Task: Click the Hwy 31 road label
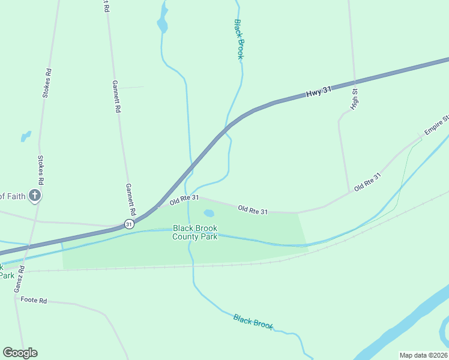click(318, 92)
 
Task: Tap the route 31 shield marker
click(129, 224)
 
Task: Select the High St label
click(355, 100)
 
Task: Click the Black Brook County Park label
click(194, 232)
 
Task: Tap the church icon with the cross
click(35, 195)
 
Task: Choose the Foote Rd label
click(34, 299)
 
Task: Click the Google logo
click(20, 353)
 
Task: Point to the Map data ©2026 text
click(423, 355)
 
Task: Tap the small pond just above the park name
click(209, 213)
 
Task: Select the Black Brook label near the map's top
click(238, 39)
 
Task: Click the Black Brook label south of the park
click(253, 322)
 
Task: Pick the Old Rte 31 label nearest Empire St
click(367, 182)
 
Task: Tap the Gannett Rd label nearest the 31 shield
click(130, 200)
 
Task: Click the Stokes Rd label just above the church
click(41, 170)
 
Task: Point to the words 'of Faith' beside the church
click(11, 196)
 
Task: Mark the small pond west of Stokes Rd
click(25, 137)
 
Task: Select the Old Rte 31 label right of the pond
click(253, 209)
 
